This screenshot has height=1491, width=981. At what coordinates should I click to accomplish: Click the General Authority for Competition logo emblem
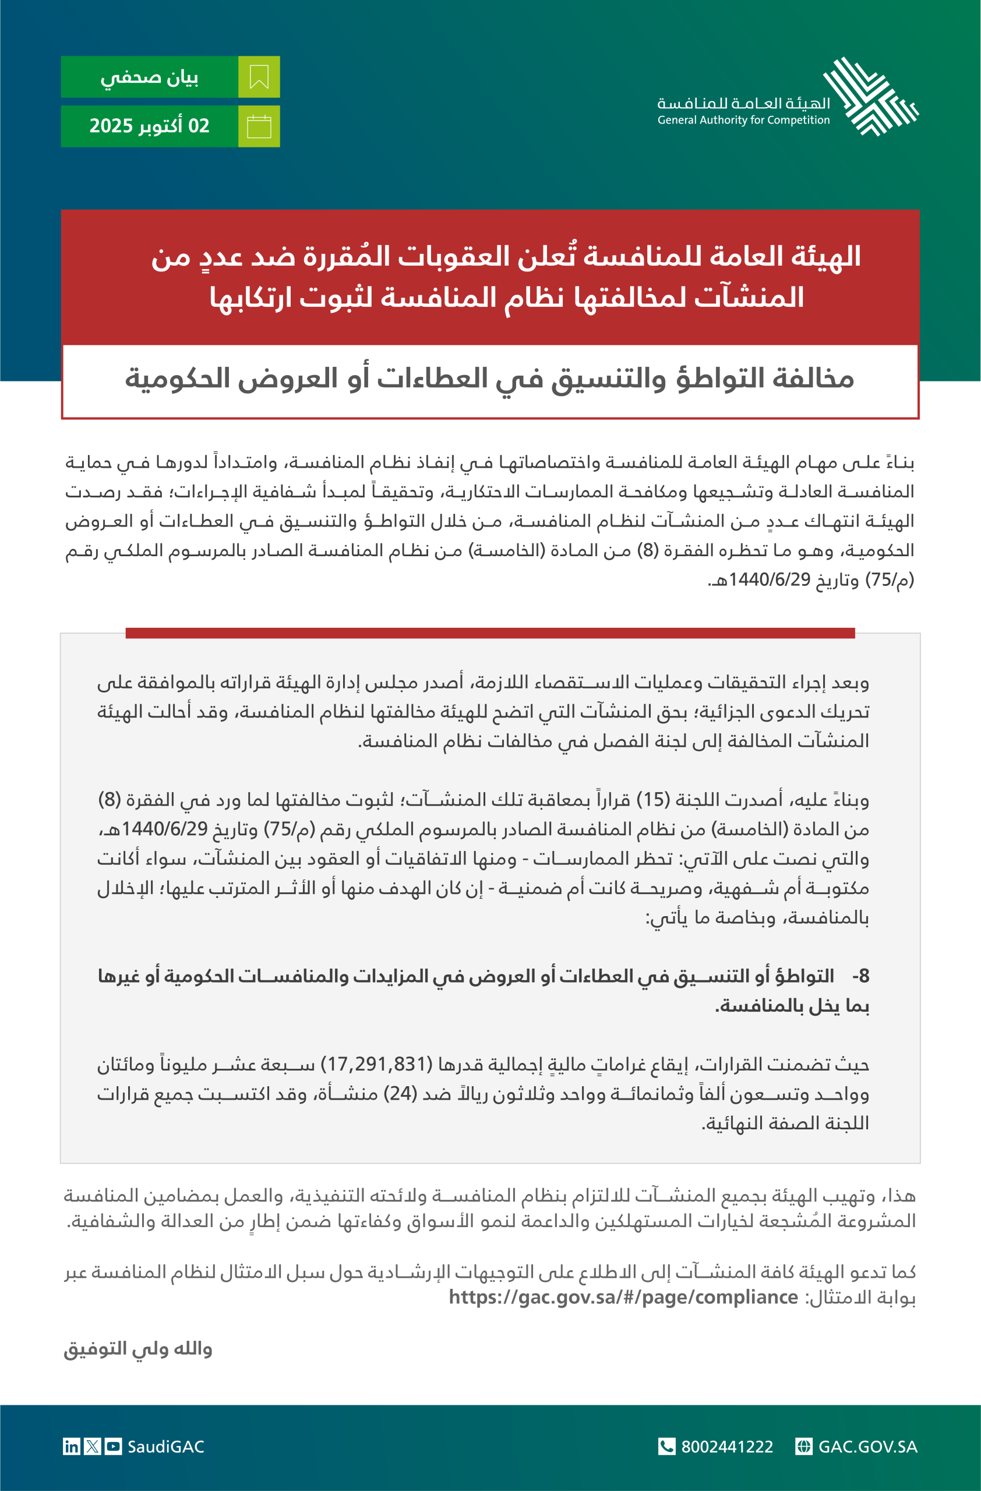(x=871, y=97)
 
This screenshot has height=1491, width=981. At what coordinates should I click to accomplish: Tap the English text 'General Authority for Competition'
(x=743, y=121)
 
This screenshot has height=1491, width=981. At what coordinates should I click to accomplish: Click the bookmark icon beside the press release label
(x=259, y=77)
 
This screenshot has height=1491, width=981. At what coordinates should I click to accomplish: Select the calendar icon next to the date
(x=259, y=126)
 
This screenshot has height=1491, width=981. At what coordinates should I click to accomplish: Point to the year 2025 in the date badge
(x=111, y=126)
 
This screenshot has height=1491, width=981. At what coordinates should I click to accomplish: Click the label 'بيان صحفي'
(x=149, y=77)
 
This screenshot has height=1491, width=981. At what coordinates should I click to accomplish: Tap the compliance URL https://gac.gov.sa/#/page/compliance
(x=623, y=1297)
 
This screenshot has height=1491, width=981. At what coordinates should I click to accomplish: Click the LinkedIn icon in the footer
(x=72, y=1447)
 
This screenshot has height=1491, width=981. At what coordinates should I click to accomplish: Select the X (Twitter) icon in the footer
(x=93, y=1447)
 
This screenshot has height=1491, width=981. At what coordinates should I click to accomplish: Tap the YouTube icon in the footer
(x=114, y=1447)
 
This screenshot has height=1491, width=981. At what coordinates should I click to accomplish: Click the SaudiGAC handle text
(x=166, y=1447)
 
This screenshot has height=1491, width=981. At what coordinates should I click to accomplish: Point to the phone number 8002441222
(x=726, y=1447)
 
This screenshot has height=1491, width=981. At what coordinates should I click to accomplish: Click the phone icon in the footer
(x=666, y=1447)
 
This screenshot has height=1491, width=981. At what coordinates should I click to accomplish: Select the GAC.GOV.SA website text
(x=867, y=1447)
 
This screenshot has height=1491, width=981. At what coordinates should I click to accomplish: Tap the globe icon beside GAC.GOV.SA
(x=804, y=1447)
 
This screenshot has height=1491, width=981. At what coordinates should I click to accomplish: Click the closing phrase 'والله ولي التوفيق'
(x=138, y=1348)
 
